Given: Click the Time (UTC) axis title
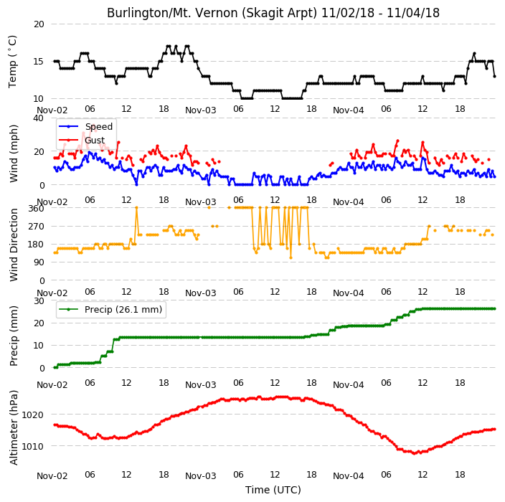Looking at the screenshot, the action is (273, 490).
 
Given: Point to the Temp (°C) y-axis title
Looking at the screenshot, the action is (12, 62).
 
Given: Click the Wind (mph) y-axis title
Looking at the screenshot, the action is (13, 153).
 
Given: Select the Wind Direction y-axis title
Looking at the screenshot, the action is (13, 245).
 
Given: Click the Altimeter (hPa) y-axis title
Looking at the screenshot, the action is (13, 427).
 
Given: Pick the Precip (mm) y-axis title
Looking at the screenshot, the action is (13, 336).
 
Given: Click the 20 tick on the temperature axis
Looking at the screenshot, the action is (39, 24).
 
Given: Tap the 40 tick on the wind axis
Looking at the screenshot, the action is (39, 118).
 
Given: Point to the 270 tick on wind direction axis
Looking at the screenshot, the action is (36, 227).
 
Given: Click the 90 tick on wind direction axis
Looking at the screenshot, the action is (39, 262).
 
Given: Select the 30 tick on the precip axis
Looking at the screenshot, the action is (39, 300).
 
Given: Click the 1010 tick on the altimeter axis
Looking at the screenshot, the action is (32, 446).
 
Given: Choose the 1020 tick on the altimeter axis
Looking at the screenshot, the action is (32, 415).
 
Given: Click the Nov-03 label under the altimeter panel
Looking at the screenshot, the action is (201, 476).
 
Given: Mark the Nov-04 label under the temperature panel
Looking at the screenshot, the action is (349, 110).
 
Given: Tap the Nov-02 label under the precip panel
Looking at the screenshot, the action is (52, 385).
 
